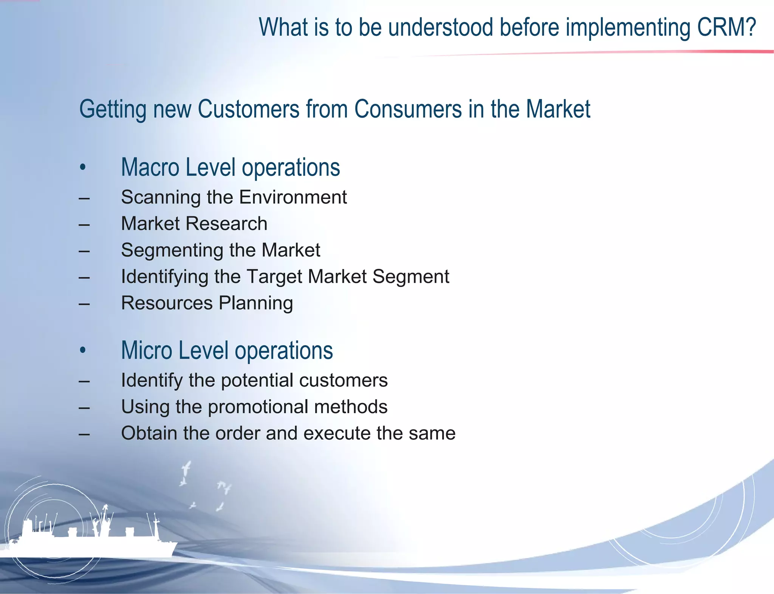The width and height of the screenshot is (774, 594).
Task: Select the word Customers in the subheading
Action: click(248, 109)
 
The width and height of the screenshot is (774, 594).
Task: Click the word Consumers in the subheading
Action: click(408, 109)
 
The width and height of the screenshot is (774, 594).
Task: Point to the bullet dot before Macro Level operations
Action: click(83, 167)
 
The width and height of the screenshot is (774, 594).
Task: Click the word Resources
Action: click(167, 303)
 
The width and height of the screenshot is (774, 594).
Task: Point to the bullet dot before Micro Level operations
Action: click(83, 350)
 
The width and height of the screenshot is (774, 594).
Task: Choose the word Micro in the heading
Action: click(146, 350)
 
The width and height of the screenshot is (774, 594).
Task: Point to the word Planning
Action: click(256, 303)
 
